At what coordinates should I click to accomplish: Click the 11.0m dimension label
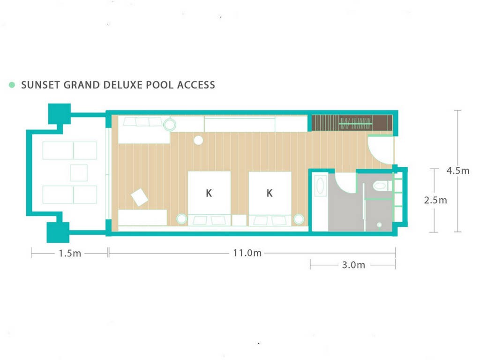[x=247, y=253]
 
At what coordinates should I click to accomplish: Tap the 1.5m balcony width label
[x=70, y=254]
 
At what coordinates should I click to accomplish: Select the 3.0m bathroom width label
[x=353, y=265]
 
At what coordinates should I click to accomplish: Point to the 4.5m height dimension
[x=458, y=171]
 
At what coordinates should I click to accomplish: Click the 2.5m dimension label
[x=435, y=200]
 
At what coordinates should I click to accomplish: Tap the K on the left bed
[x=209, y=193]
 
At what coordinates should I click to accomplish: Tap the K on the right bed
[x=270, y=193]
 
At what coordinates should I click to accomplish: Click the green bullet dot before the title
[x=12, y=85]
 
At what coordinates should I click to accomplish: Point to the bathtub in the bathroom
[x=320, y=186]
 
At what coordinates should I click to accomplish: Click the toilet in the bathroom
[x=381, y=186]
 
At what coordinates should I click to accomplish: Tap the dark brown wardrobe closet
[x=352, y=123]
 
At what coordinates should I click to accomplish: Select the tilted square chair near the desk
[x=140, y=197]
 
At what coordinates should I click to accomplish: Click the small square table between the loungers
[x=79, y=172]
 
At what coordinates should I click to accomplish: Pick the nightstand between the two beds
[x=239, y=220]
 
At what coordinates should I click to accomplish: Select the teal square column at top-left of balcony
[x=60, y=114]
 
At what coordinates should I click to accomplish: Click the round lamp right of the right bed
[x=299, y=219]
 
